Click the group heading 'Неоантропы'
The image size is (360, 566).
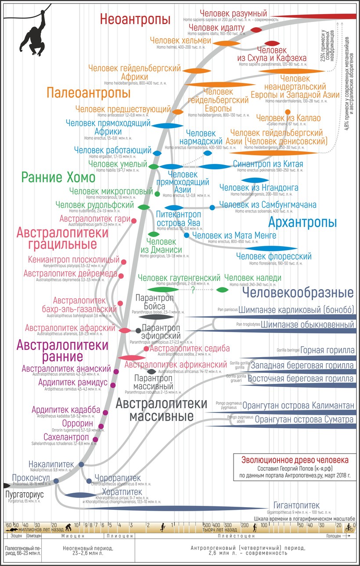pyautogui.click(x=135, y=20)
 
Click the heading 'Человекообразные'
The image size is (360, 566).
pyautogui.click(x=298, y=293)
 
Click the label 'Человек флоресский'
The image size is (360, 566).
pyautogui.click(x=274, y=256)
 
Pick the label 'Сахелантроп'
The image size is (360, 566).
pyautogui.click(x=66, y=437)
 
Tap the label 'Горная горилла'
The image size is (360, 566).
pyautogui.click(x=328, y=350)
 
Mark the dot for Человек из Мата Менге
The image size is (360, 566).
pyautogui.click(x=187, y=236)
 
